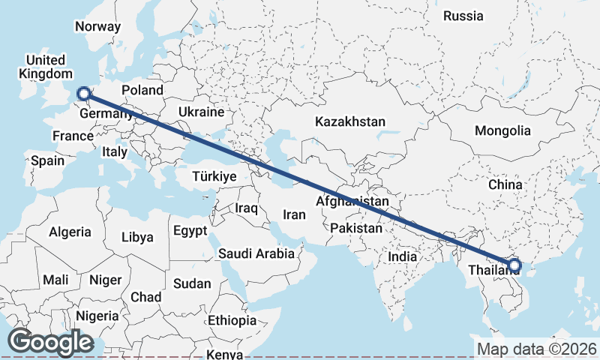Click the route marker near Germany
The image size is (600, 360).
point(84,94)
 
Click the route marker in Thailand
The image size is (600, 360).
point(514,265)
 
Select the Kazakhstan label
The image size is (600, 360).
point(350,121)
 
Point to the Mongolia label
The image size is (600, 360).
point(502,130)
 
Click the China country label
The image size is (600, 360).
point(504,184)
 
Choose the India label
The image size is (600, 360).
point(403,256)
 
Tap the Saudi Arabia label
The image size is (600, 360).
point(256,253)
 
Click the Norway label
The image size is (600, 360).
point(97,26)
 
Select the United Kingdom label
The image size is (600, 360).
point(46,67)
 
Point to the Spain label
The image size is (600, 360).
point(47,160)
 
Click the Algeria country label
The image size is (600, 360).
point(70,232)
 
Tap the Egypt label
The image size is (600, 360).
point(189,231)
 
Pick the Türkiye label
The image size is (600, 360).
point(214,176)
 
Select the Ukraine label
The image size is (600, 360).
point(201,112)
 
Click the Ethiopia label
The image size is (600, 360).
point(232,320)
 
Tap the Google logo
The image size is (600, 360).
point(50,342)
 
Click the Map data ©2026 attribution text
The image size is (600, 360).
point(536,349)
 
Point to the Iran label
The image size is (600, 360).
point(294,214)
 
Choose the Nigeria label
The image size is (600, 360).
point(97,316)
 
